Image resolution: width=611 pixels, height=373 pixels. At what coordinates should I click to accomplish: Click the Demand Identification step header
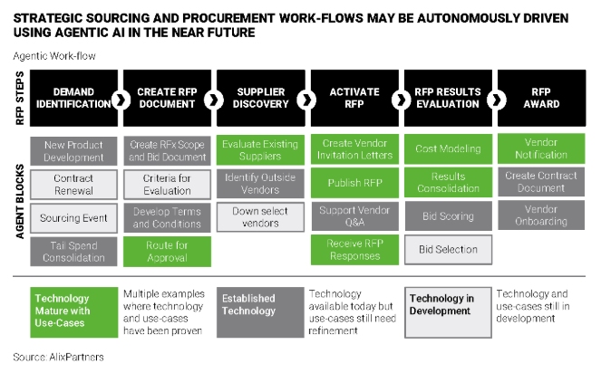pos(73,98)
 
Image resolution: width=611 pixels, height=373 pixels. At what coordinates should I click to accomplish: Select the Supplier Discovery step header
pos(261,98)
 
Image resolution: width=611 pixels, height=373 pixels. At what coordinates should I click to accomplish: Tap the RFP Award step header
pos(540,98)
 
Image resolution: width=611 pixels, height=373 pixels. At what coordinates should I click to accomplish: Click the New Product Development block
pos(73,150)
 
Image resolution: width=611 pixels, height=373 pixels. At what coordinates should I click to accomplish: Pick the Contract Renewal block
pos(73,185)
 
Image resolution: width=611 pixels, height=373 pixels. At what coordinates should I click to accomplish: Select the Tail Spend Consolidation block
pos(73,251)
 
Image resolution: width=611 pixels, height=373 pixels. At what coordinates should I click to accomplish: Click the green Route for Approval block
pos(167,251)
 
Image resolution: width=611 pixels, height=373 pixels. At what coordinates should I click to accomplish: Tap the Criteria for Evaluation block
pos(167,185)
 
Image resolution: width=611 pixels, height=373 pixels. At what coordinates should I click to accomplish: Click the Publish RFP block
pos(354,185)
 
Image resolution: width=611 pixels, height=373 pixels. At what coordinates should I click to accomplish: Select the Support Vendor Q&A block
pos(354,217)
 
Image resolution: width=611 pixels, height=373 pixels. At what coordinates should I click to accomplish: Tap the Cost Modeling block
pos(447,150)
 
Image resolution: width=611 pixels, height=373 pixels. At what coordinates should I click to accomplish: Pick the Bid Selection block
pos(447,251)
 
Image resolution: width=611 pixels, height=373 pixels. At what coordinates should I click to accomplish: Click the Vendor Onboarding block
pos(540,217)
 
